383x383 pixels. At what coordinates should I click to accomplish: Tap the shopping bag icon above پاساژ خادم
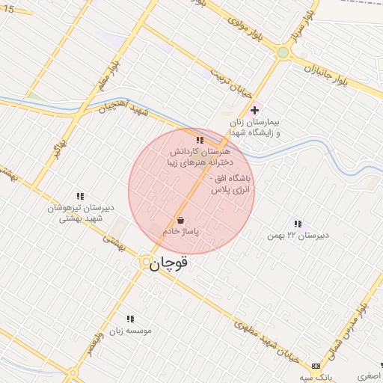[x=180, y=221]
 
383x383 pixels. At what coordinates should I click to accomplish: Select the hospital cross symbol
[x=255, y=110]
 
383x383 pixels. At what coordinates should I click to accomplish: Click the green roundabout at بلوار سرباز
[x=282, y=52]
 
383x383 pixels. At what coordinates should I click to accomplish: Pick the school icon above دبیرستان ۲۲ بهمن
[x=298, y=224]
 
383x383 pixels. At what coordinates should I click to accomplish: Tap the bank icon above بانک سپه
[x=316, y=366]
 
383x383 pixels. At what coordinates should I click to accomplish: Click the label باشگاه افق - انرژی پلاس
[x=233, y=185]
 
